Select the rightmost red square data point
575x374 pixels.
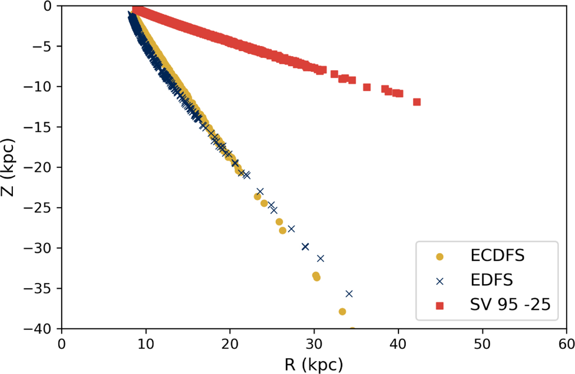(x=417, y=102)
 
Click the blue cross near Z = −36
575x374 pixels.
(x=349, y=293)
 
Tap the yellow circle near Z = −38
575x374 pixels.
(x=342, y=311)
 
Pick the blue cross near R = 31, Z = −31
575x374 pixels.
(x=321, y=258)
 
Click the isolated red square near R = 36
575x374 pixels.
(x=367, y=87)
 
